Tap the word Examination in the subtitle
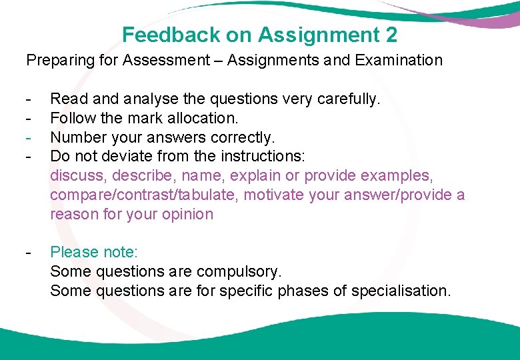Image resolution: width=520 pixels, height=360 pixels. (x=399, y=61)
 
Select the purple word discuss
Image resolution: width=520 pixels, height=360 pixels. (x=77, y=176)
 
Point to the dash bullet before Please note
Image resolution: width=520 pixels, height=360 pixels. (x=29, y=253)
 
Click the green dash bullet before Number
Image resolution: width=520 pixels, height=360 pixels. (x=29, y=138)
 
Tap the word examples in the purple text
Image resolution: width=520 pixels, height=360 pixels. (x=403, y=176)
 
